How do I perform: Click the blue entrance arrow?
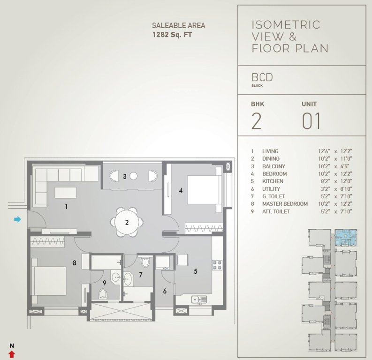click(x=18, y=219)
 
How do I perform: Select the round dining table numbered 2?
click(x=127, y=222)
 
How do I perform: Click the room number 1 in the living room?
click(x=67, y=206)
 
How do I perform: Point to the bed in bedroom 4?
click(x=203, y=189)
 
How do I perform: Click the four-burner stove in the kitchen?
click(x=218, y=266)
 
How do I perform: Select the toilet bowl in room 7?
click(x=144, y=262)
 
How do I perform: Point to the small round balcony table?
click(x=133, y=176)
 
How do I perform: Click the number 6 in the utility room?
click(x=165, y=291)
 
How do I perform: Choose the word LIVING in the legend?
click(x=270, y=151)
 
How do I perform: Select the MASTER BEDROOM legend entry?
click(x=285, y=204)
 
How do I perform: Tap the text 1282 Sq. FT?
click(x=172, y=34)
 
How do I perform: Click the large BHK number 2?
click(x=256, y=120)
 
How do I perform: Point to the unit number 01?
click(x=311, y=120)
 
